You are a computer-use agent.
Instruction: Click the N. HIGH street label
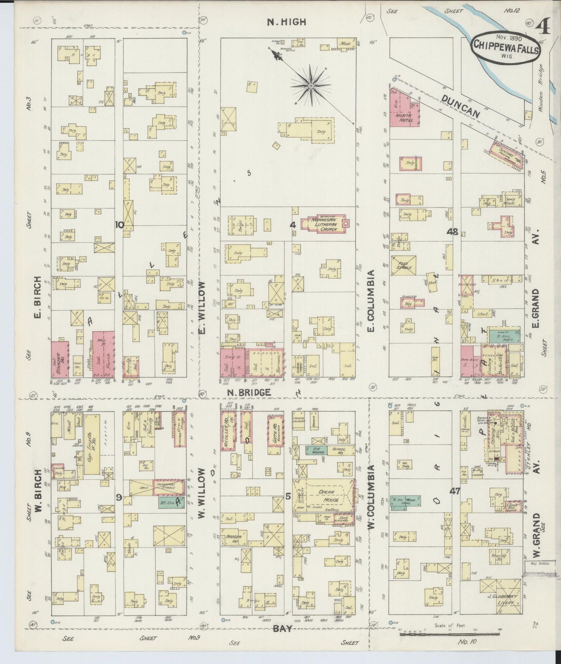(x=287, y=23)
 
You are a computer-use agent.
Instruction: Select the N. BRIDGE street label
(x=249, y=393)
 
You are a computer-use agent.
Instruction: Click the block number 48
(x=452, y=232)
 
